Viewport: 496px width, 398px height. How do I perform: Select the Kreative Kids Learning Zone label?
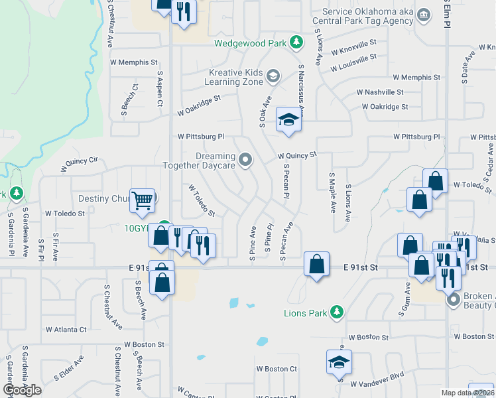pyautogui.click(x=236, y=76)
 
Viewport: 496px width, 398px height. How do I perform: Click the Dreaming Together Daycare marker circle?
pyautogui.click(x=246, y=159)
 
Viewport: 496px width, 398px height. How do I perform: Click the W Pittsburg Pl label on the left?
pyautogui.click(x=201, y=137)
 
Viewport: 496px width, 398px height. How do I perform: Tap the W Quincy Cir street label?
pyautogui.click(x=79, y=164)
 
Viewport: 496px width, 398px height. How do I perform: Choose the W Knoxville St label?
pyautogui.click(x=353, y=46)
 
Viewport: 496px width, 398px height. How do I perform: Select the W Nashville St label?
pyautogui.click(x=379, y=92)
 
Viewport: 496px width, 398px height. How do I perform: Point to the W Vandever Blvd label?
pyautogui.click(x=377, y=383)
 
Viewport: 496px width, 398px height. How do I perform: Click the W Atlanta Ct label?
pyautogui.click(x=66, y=329)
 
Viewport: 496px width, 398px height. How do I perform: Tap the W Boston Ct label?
pyautogui.click(x=277, y=369)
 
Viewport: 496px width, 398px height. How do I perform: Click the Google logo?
pyautogui.click(x=22, y=390)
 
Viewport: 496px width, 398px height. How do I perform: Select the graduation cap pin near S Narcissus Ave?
pyautogui.click(x=288, y=120)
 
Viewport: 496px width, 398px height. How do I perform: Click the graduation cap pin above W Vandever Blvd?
pyautogui.click(x=339, y=363)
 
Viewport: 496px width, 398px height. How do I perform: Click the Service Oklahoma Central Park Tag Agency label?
pyautogui.click(x=367, y=16)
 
